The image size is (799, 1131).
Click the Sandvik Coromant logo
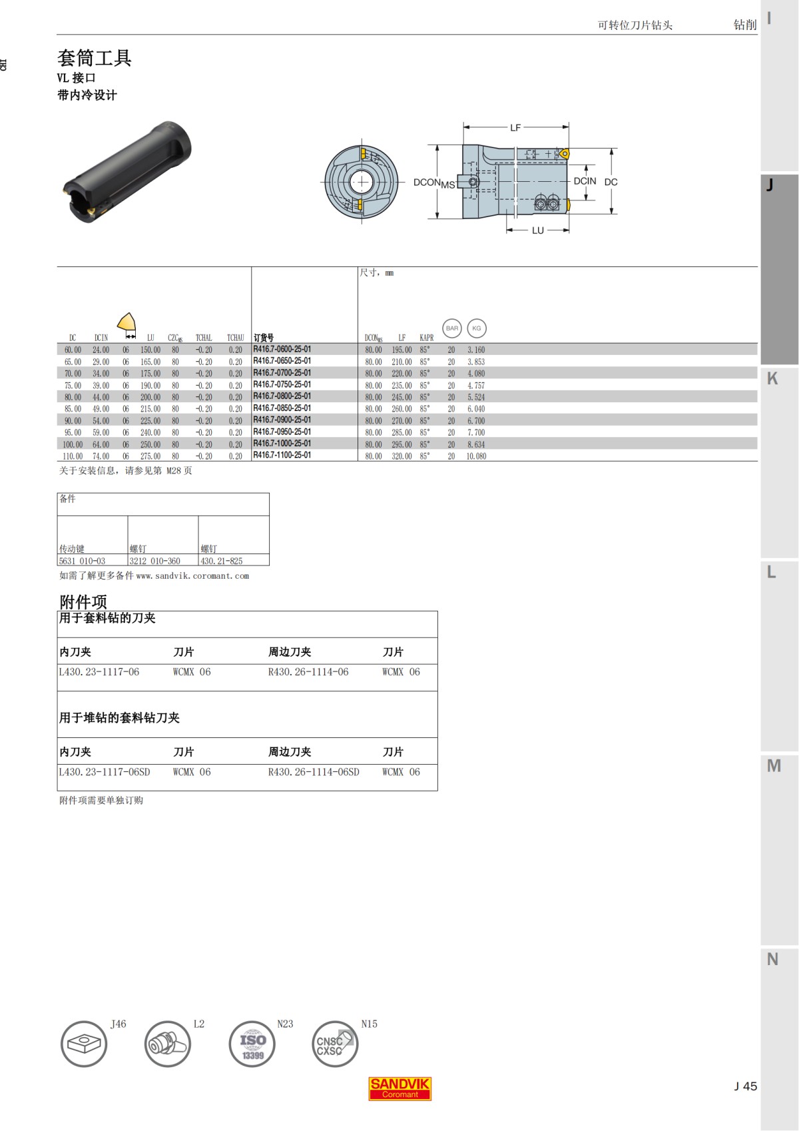pyautogui.click(x=400, y=1088)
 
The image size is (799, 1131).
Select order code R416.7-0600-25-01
pyautogui.click(x=282, y=349)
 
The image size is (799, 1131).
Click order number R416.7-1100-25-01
pyautogui.click(x=282, y=456)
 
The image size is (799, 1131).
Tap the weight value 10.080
pyautogui.click(x=476, y=456)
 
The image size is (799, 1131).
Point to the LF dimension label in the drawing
pyautogui.click(x=515, y=127)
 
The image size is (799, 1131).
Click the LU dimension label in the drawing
pyautogui.click(x=537, y=230)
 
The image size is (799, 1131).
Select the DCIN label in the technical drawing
pyautogui.click(x=585, y=181)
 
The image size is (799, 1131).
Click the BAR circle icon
pyautogui.click(x=452, y=328)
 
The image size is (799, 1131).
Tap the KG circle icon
pyautogui.click(x=477, y=328)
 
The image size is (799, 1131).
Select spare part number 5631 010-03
pyautogui.click(x=82, y=561)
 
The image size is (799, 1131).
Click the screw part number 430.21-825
pyautogui.click(x=222, y=561)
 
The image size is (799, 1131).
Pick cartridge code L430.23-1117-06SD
pyautogui.click(x=105, y=772)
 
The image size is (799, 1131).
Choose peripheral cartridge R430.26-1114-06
pyautogui.click(x=308, y=672)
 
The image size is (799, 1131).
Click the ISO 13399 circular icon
pyautogui.click(x=252, y=1044)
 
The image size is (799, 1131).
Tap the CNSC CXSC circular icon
pyautogui.click(x=335, y=1044)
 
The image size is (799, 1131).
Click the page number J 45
pyautogui.click(x=745, y=1086)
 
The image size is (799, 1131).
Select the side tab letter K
pyautogui.click(x=772, y=378)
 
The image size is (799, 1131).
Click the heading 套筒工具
pyautogui.click(x=95, y=58)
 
